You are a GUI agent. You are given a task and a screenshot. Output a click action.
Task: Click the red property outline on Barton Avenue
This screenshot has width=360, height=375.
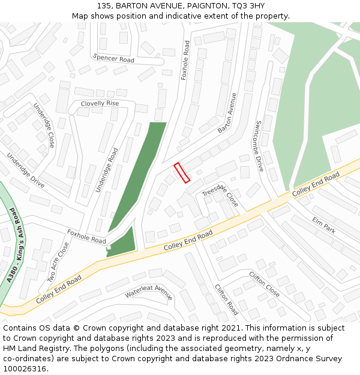tap(182, 172)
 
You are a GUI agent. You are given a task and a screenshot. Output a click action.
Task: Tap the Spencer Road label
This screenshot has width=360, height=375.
tap(113, 59)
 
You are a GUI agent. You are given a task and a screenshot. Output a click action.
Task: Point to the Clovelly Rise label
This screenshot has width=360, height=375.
tap(100, 103)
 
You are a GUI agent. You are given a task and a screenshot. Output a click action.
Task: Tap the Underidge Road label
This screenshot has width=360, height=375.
tap(107, 170)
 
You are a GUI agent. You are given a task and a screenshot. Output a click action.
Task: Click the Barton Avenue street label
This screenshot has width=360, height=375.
tap(227, 113)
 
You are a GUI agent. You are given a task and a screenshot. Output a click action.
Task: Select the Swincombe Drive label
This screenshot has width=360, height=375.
tap(259, 146)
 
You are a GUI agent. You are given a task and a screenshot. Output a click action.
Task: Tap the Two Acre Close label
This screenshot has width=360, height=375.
tap(58, 262)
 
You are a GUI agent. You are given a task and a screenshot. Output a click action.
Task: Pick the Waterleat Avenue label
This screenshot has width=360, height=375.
tap(149, 292)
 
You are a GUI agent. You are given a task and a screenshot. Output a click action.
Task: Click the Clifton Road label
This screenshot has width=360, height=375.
tap(226, 299)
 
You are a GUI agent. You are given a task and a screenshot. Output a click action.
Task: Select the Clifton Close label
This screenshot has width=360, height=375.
tap(264, 284)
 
